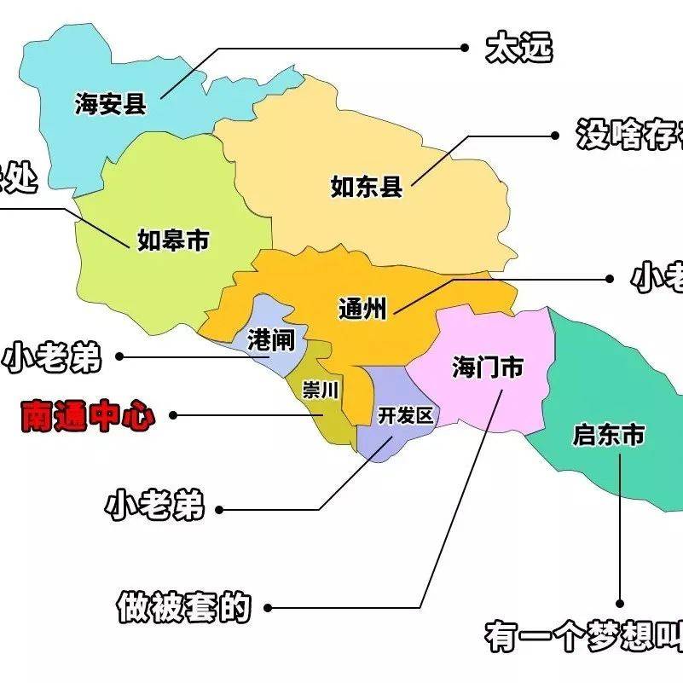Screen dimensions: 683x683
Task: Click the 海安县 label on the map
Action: tap(111, 104)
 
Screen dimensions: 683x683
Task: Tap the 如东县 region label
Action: tap(367, 186)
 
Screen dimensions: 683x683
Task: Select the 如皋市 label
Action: tap(173, 240)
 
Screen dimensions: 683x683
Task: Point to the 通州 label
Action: tap(362, 308)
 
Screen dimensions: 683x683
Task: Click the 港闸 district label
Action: tap(270, 341)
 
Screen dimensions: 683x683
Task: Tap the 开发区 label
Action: tap(406, 415)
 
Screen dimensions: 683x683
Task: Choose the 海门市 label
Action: tap(487, 368)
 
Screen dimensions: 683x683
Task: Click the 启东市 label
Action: tap(608, 436)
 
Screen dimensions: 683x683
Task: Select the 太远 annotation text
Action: tap(518, 48)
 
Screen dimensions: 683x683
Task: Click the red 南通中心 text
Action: tap(88, 416)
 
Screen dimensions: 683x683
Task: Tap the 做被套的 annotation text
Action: tap(184, 607)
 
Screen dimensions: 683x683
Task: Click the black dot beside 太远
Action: tap(466, 48)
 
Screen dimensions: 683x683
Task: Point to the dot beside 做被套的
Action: tap(269, 608)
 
